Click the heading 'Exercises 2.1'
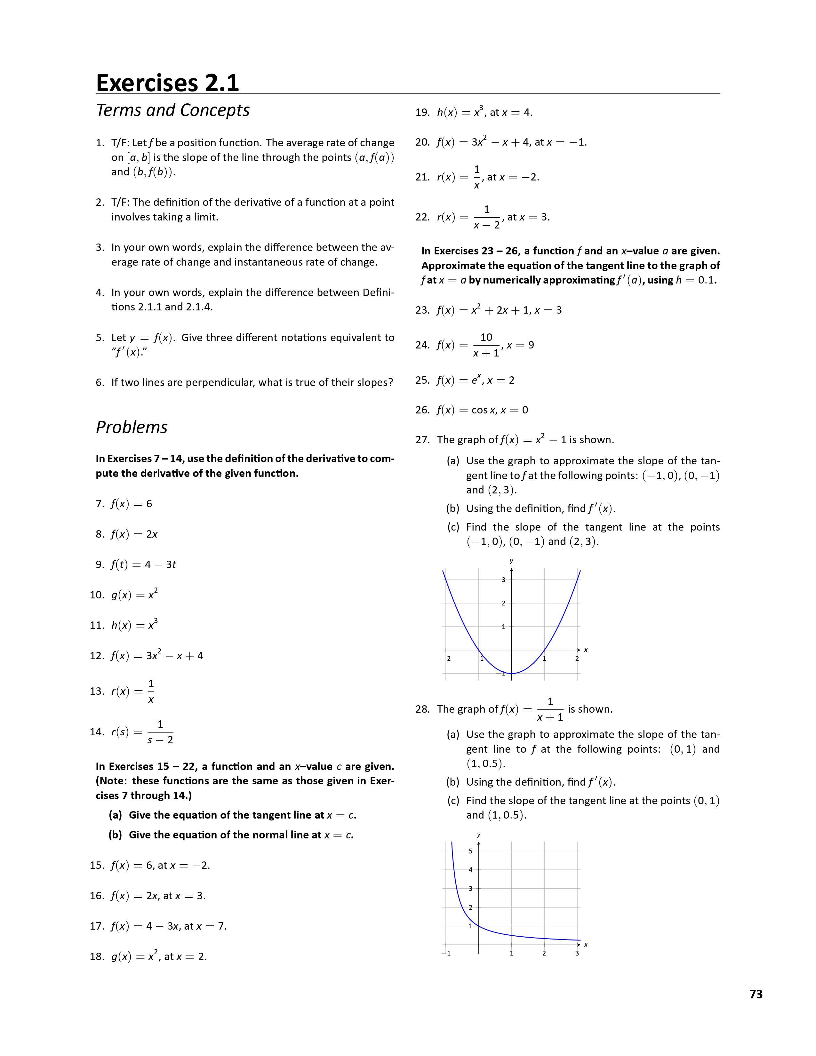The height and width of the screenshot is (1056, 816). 167,83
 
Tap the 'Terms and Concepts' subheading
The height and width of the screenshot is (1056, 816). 172,110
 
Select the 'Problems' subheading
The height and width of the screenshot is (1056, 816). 132,427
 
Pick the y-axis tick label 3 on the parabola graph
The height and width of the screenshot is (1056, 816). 503,580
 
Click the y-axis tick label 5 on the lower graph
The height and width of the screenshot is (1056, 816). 470,851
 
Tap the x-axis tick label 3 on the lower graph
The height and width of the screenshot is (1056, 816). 577,954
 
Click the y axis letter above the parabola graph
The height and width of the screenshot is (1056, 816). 511,561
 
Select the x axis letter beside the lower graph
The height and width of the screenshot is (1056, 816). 586,944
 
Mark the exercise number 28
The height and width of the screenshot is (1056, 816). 422,709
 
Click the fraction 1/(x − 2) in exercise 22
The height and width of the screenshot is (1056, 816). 487,217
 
